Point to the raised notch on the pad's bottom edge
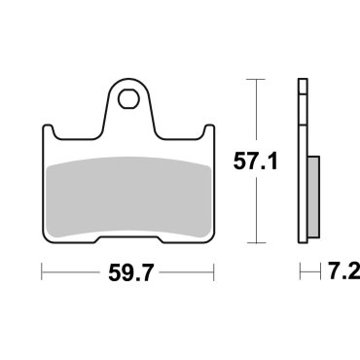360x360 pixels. tap(127, 234)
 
